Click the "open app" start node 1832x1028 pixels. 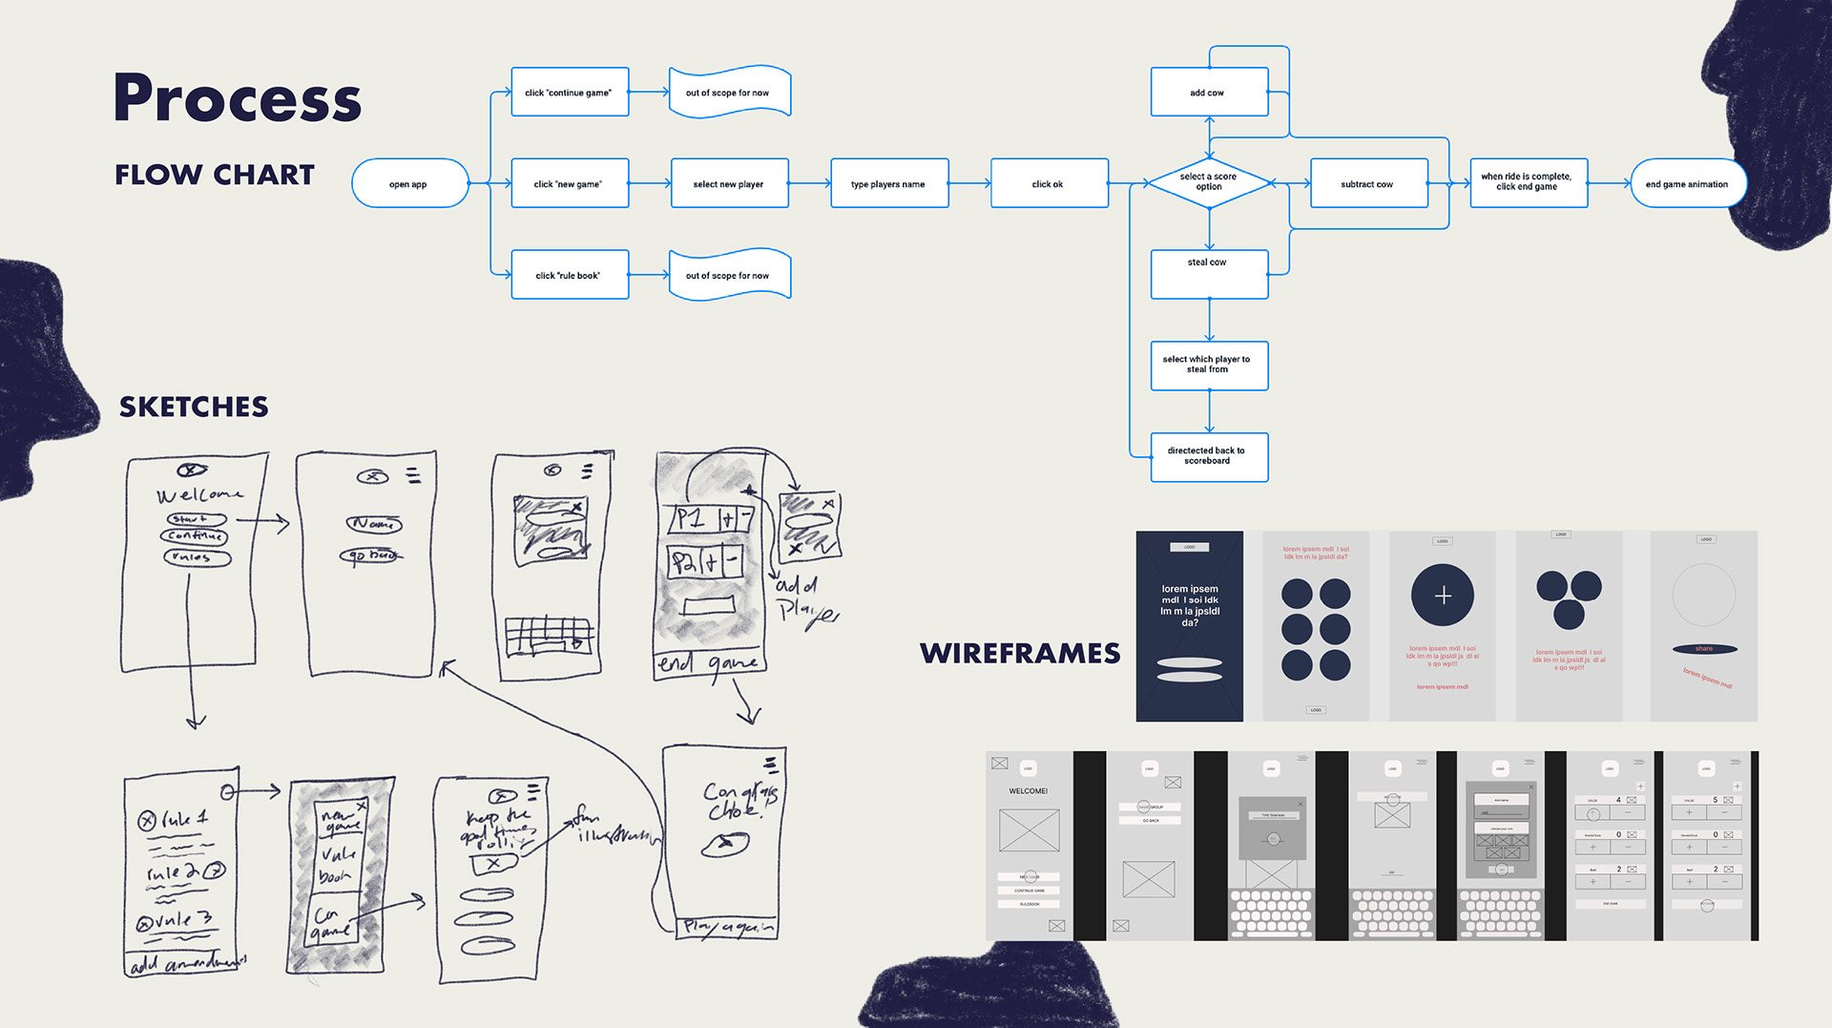pos(409,183)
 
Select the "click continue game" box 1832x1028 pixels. pos(570,93)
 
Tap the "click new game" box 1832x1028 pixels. pos(570,183)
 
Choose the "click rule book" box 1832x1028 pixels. pos(570,275)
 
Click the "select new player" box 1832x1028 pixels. pos(729,183)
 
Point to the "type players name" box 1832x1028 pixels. pos(888,183)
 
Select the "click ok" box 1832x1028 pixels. pos(1049,183)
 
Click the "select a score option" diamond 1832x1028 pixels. pos(1209,182)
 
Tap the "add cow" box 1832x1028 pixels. pos(1209,93)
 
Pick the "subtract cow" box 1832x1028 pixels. pos(1368,183)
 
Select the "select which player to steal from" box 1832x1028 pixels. pos(1209,366)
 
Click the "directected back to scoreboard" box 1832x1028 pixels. pos(1209,457)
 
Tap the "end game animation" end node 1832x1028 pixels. pos(1687,183)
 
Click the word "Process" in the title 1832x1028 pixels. pos(238,98)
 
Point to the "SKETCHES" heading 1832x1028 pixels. pos(194,408)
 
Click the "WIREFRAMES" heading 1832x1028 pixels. pos(1020,654)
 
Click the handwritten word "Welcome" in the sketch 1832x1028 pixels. pos(199,494)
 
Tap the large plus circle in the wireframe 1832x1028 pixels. pos(1443,596)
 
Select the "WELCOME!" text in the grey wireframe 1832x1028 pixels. pos(1029,791)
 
